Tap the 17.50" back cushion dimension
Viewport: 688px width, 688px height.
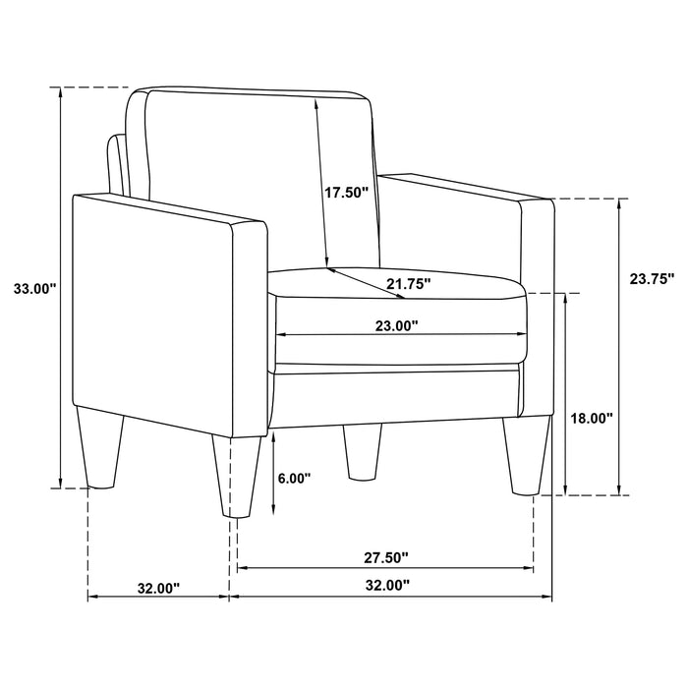[346, 193]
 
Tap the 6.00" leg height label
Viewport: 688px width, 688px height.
[294, 479]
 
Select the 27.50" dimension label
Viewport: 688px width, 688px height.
[385, 557]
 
